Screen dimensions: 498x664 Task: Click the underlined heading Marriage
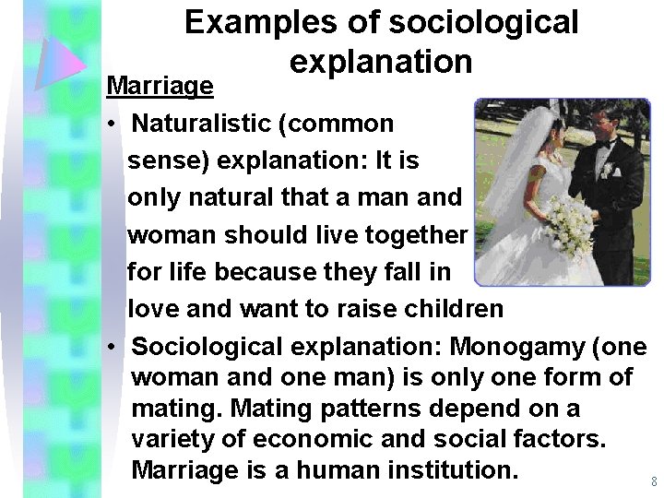click(x=160, y=86)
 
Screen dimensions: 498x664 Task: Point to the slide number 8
click(x=653, y=481)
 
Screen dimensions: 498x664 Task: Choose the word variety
click(x=177, y=439)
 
